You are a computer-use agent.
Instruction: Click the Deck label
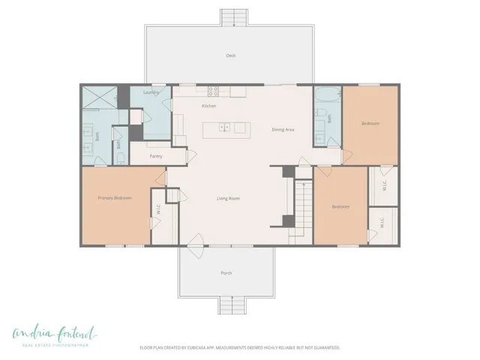click(231, 55)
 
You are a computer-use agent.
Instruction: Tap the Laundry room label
click(151, 92)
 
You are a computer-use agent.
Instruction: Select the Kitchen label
click(209, 106)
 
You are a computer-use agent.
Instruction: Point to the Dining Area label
click(283, 130)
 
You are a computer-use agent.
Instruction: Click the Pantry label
click(156, 156)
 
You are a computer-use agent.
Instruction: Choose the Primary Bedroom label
click(115, 198)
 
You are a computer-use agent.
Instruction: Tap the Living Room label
click(228, 198)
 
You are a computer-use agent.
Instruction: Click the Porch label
click(226, 272)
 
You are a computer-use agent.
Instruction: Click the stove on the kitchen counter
click(213, 91)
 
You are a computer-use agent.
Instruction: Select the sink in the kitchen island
click(224, 127)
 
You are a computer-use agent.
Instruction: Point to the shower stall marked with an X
click(100, 96)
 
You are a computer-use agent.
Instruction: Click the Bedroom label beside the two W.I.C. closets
click(340, 207)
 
